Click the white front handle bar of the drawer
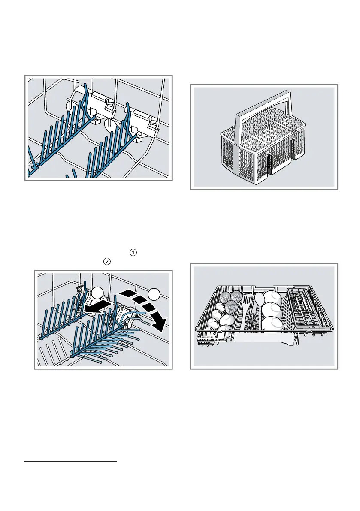pyautogui.click(x=263, y=339)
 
